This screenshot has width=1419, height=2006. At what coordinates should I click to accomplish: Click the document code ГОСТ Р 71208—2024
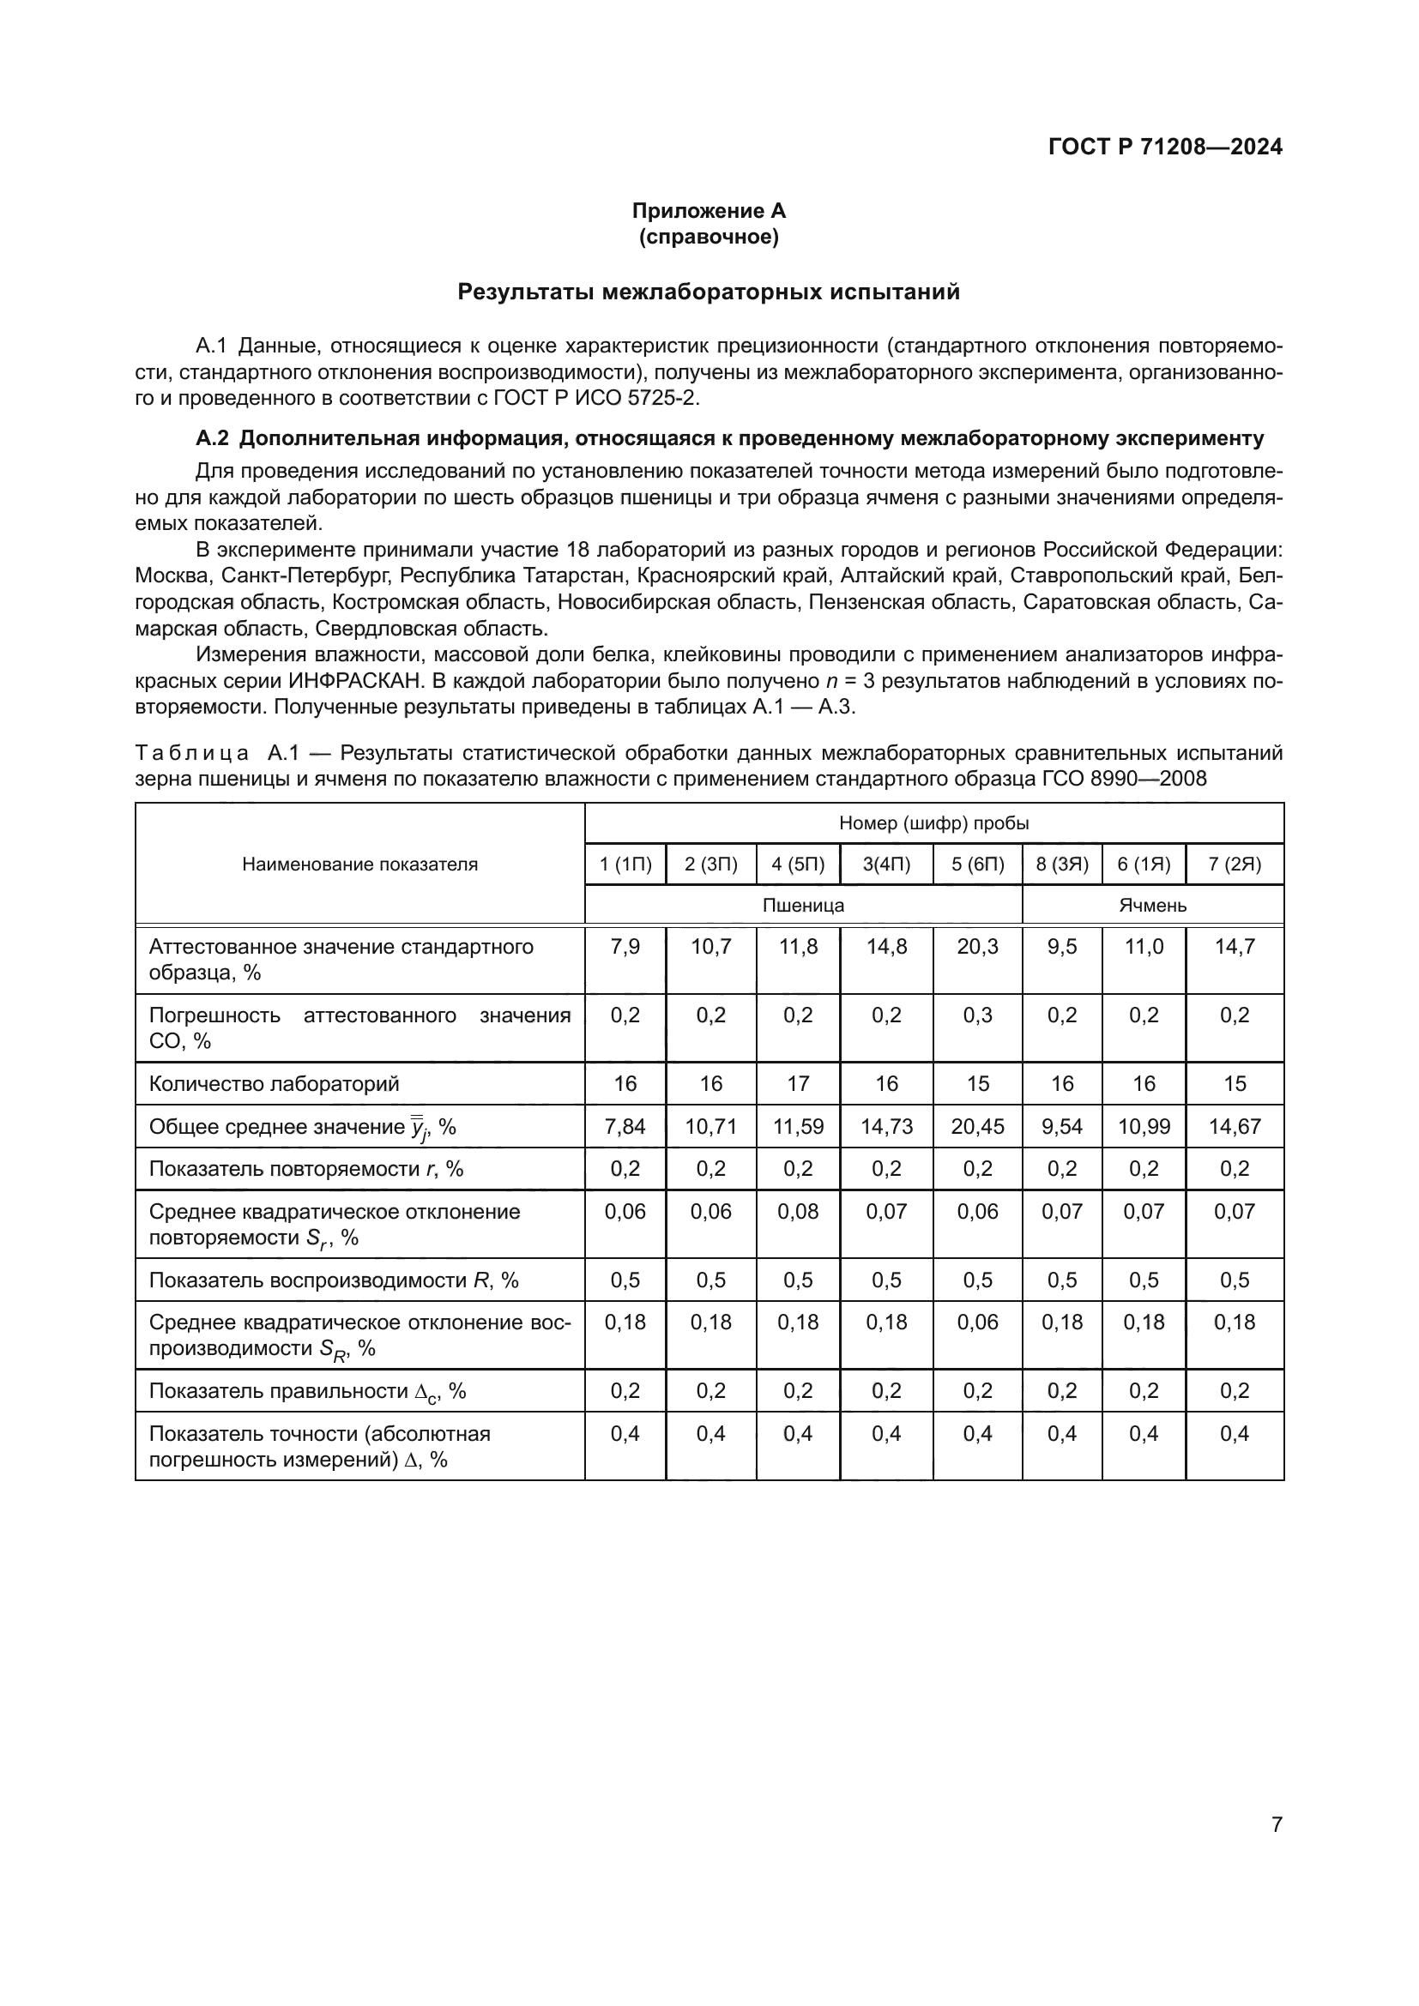1165,147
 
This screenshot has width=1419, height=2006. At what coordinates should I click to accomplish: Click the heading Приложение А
709,211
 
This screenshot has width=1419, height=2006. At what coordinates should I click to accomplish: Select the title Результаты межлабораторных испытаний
709,292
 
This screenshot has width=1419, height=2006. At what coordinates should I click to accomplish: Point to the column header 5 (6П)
977,864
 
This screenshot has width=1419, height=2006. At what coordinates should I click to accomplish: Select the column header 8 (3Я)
1061,864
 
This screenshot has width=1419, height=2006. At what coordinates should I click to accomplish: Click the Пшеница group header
803,905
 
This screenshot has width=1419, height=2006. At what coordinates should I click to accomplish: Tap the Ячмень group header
1151,905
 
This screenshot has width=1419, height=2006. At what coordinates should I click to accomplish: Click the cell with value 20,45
977,1126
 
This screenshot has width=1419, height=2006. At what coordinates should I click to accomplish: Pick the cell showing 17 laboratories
798,1083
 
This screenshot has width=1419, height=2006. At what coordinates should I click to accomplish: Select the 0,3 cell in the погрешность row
977,1015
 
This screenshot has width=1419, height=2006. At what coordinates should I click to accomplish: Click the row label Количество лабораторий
274,1083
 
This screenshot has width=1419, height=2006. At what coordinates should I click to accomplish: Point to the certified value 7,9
625,947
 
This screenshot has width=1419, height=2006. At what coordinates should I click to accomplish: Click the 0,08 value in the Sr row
798,1212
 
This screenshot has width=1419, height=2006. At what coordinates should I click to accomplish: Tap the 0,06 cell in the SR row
977,1322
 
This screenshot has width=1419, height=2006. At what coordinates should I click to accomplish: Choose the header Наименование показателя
360,864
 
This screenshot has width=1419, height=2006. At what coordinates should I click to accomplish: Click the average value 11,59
798,1126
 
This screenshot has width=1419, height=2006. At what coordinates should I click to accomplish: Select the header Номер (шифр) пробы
933,823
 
